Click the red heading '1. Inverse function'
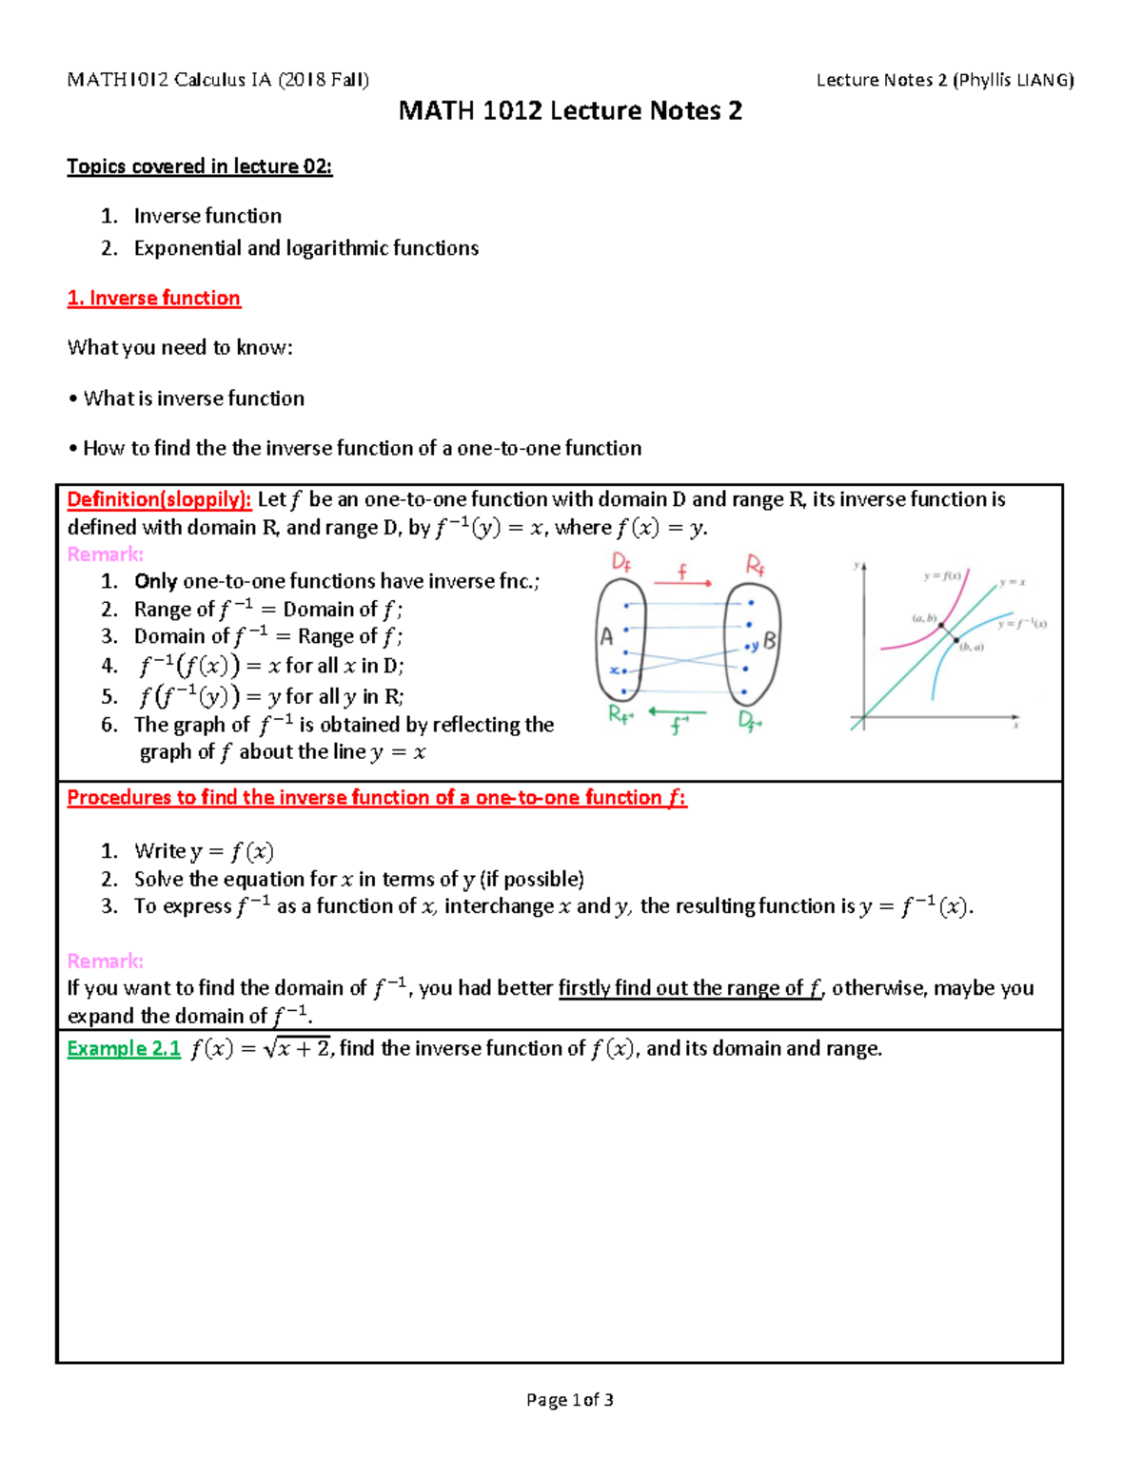coord(153,298)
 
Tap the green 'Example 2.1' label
coord(124,1048)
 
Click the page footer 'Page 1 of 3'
coord(569,1399)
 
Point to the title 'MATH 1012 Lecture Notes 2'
coord(569,111)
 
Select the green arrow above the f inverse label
coord(677,711)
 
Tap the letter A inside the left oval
coord(606,638)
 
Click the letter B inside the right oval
coord(769,641)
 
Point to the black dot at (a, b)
coord(941,625)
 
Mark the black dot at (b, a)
coord(956,641)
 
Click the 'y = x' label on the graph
coord(1012,582)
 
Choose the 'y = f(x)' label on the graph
coord(941,575)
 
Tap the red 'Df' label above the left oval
coord(620,563)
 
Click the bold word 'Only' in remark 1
coord(155,581)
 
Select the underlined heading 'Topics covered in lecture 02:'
coord(199,166)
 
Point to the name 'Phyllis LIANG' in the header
coord(1014,80)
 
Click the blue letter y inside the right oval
coord(755,647)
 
